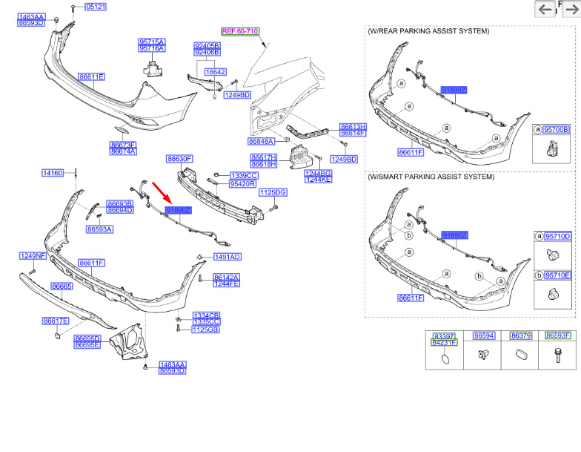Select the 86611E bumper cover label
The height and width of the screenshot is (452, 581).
pos(91,76)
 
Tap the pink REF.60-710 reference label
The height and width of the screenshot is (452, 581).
pos(241,31)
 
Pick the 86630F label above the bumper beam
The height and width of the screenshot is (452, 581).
pos(179,159)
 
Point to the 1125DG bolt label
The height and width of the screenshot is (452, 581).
pos(272,192)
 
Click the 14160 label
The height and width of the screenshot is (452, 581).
pos(53,173)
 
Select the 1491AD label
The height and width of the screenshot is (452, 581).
pos(228,257)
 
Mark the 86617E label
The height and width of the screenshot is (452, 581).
pos(56,321)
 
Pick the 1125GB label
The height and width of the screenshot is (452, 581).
pos(206,330)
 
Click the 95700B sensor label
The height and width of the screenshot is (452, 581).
pos(557,130)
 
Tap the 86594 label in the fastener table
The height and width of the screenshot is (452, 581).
pos(484,336)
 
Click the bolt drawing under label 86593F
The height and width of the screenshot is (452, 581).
pos(556,356)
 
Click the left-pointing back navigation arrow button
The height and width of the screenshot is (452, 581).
pos(545,9)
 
